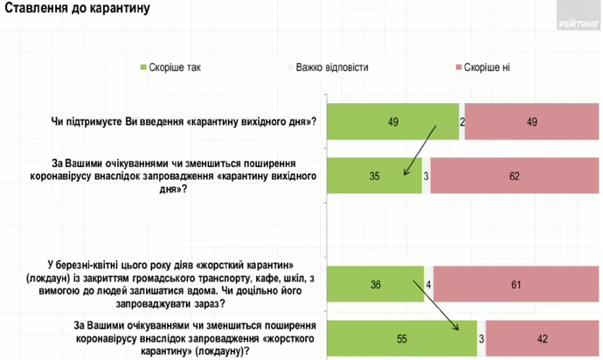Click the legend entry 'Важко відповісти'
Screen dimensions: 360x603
[331, 67]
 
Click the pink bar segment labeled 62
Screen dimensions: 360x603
[515, 176]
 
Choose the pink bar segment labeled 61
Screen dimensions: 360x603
[517, 284]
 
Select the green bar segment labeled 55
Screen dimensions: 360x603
[402, 337]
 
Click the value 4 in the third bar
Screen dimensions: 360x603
[429, 284]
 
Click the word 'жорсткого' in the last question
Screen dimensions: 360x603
[288, 338]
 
